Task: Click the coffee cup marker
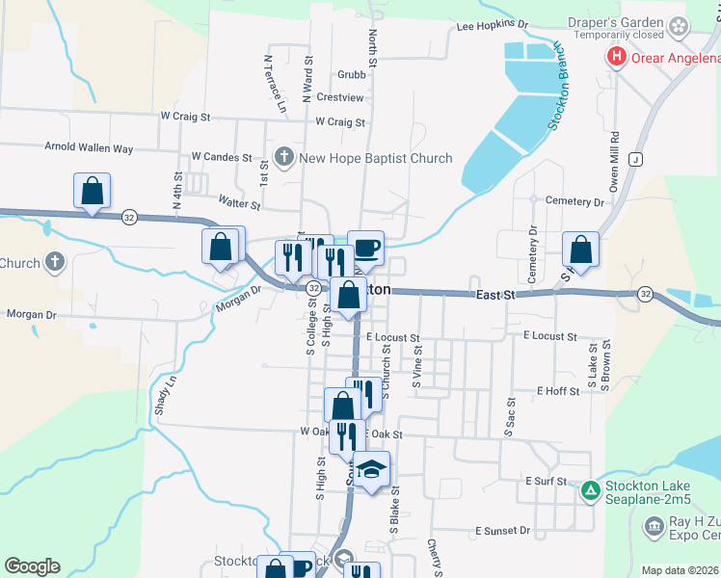tap(365, 248)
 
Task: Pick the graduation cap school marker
tap(371, 469)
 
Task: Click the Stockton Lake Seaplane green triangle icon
tap(590, 491)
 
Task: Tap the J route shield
tap(636, 158)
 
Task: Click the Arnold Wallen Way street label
tap(89, 148)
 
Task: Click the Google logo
tap(32, 566)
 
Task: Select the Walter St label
tap(240, 204)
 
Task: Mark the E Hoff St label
tap(558, 391)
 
